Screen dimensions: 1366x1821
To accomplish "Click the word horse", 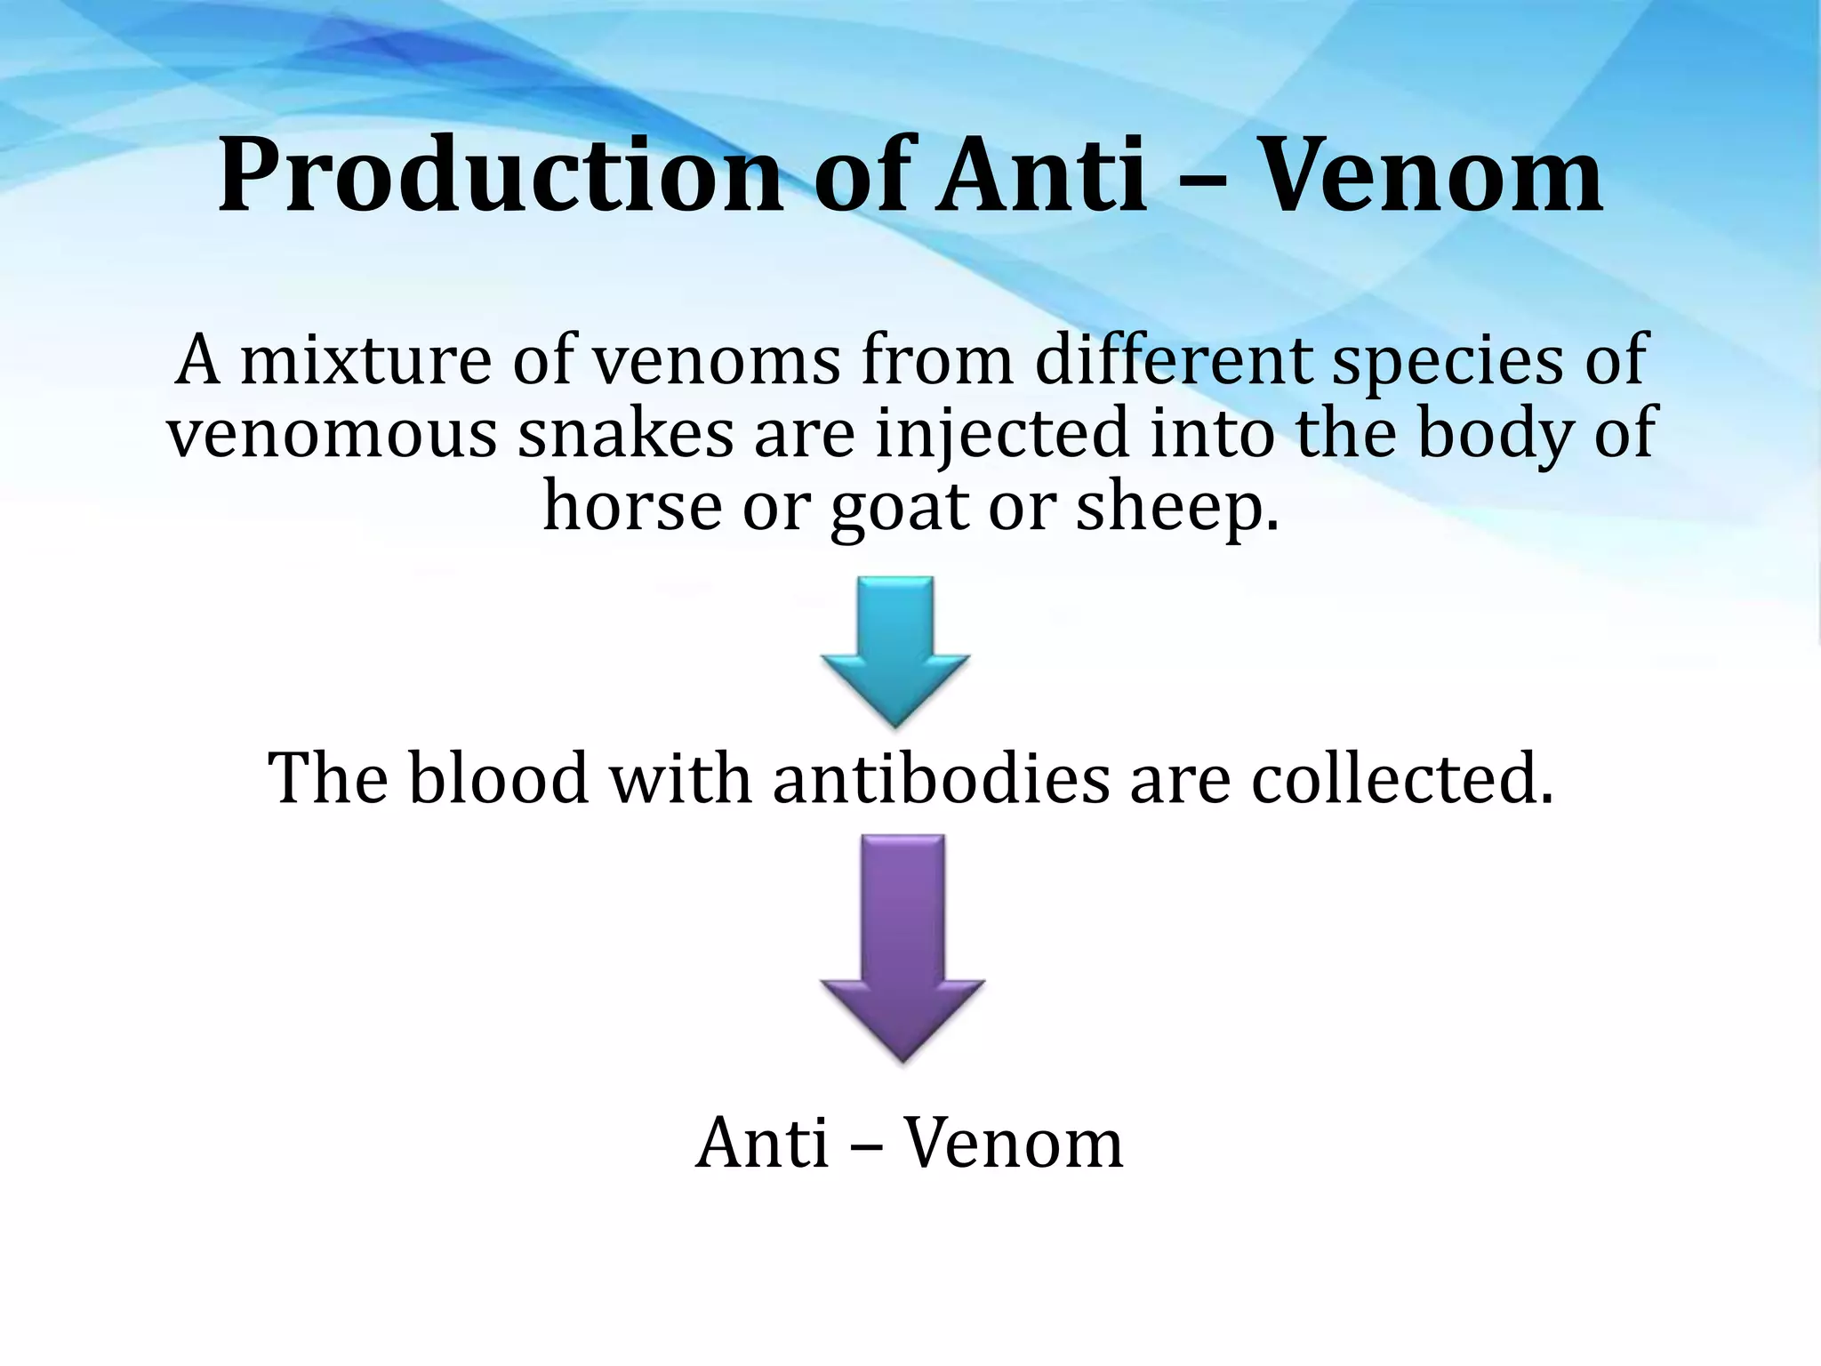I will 632,505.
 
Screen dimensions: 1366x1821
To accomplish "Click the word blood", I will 499,778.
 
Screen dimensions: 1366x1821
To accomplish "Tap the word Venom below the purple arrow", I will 1013,1143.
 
